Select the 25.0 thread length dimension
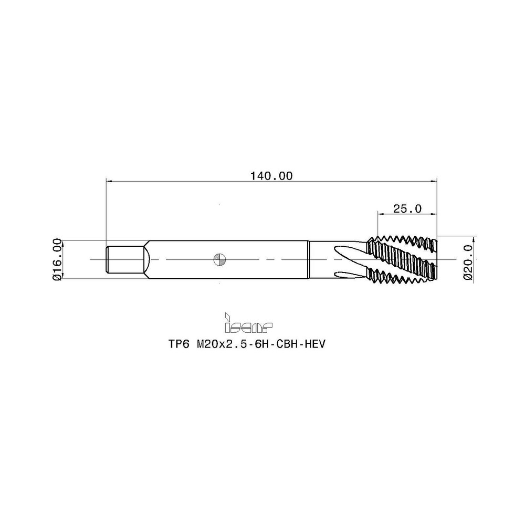[x=407, y=208]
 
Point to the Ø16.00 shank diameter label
[x=58, y=259]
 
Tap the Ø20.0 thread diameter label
[x=469, y=259]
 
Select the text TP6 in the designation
[x=178, y=344]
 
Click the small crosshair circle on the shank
[x=220, y=259]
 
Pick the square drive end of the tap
[x=126, y=259]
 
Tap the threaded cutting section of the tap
[x=402, y=259]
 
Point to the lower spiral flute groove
[x=346, y=274]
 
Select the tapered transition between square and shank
[x=149, y=259]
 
